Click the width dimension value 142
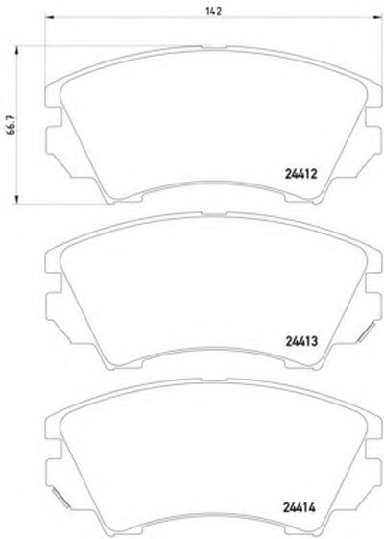point(214,11)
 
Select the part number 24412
point(300,174)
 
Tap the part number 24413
point(301,341)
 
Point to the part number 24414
point(300,507)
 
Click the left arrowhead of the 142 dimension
point(50,17)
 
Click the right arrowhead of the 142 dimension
point(378,17)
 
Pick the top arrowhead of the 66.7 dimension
point(16,51)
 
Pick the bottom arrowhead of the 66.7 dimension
point(16,200)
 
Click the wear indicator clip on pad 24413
point(366,332)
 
